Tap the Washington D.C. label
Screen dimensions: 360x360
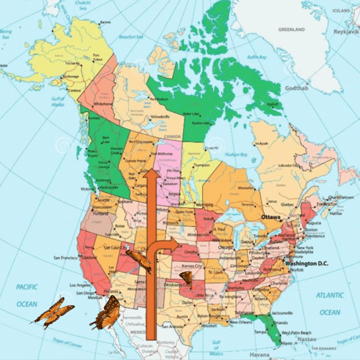pos(306,264)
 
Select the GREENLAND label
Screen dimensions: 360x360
pos(291,30)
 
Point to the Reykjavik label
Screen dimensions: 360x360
pos(346,32)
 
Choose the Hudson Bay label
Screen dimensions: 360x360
pos(236,155)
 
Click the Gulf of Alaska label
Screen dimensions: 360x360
pos(57,102)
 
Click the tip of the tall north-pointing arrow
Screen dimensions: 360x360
pos(152,170)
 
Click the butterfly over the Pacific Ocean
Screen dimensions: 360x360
pos(53,311)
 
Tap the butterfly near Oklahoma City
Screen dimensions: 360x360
pos(186,277)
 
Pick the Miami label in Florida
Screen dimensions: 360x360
pos(286,343)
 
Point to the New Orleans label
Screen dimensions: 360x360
pos(240,322)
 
